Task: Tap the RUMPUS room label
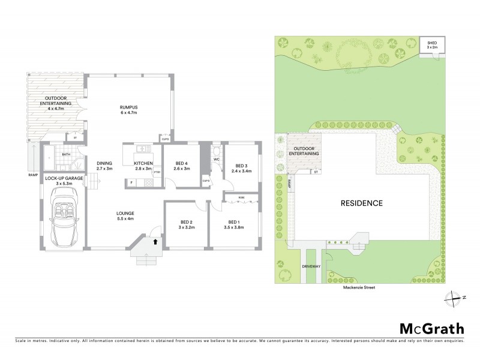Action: coord(130,107)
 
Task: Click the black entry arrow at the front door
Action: coord(156,241)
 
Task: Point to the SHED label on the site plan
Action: coord(431,43)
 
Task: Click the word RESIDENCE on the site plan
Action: coord(362,203)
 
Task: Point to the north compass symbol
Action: coord(452,296)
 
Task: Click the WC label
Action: coord(215,160)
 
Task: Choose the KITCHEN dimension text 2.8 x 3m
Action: coord(143,170)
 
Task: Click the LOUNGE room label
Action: coord(125,214)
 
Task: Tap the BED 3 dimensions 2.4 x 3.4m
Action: coord(242,171)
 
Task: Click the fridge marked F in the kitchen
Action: coord(131,181)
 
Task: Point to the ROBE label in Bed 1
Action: coord(241,197)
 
